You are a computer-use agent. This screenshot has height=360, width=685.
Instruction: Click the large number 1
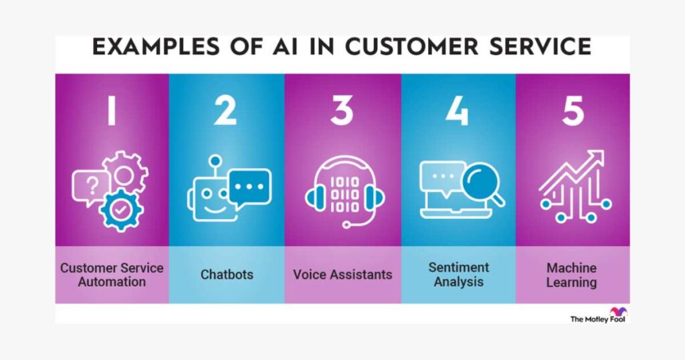(x=112, y=110)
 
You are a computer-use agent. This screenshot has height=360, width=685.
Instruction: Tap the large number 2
(x=225, y=110)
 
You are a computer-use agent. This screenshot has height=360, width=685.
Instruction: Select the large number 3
(x=342, y=110)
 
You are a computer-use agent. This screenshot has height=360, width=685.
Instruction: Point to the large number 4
(x=458, y=110)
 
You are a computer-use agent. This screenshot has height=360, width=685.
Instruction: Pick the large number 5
(x=573, y=111)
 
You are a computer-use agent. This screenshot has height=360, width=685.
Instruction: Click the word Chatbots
(x=227, y=274)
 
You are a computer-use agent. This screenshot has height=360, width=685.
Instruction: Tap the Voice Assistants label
(x=342, y=274)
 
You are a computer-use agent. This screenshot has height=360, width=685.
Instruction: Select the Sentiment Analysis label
(x=459, y=274)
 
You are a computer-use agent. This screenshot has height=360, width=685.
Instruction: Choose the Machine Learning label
(x=571, y=275)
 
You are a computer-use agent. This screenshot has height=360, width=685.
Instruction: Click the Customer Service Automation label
(x=112, y=274)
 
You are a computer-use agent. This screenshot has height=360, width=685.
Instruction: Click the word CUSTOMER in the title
(x=411, y=47)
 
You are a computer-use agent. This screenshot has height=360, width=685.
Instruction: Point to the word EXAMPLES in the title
(x=156, y=47)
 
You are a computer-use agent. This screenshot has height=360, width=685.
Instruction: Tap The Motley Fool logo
(x=599, y=315)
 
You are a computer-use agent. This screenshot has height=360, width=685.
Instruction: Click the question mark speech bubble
(x=91, y=187)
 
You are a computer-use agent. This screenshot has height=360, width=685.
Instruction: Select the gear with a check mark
(x=121, y=210)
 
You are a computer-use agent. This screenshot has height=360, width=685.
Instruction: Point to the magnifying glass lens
(x=479, y=180)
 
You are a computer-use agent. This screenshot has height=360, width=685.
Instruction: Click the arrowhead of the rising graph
(x=597, y=157)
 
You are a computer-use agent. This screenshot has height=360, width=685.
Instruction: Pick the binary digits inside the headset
(x=345, y=195)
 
